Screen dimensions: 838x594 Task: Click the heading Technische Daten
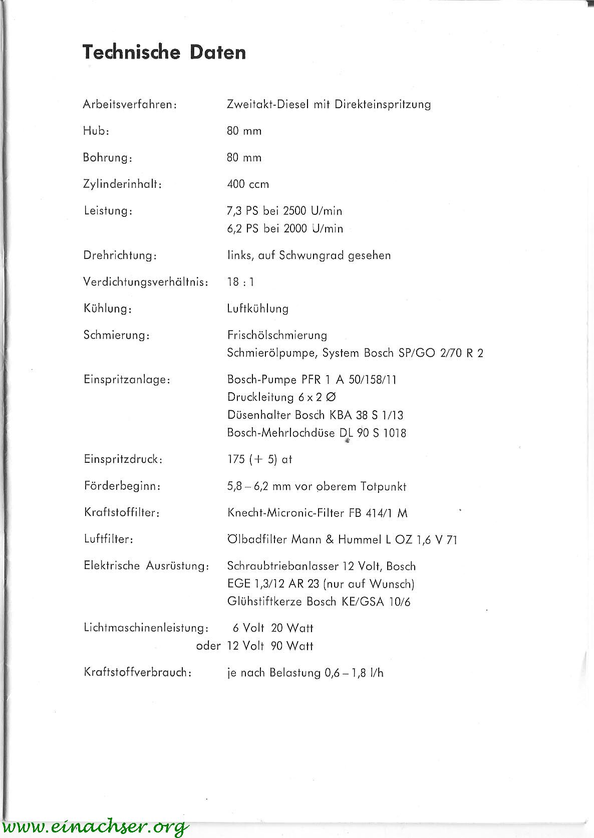click(x=164, y=52)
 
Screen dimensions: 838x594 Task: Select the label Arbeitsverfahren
click(x=130, y=105)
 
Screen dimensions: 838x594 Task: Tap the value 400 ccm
click(x=248, y=184)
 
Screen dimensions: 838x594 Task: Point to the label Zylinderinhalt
click(x=123, y=184)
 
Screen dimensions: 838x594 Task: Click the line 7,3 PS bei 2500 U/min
click(x=284, y=211)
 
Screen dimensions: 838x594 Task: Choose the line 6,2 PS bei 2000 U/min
click(x=285, y=229)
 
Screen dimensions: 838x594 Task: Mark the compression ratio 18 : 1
click(x=240, y=282)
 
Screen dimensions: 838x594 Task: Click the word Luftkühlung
click(x=257, y=309)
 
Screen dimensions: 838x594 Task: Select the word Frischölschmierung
click(x=277, y=335)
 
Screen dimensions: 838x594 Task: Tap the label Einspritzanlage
click(x=127, y=380)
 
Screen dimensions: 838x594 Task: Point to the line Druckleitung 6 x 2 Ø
click(x=281, y=397)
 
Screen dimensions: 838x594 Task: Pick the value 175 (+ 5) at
click(x=259, y=459)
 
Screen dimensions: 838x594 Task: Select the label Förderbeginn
click(x=122, y=486)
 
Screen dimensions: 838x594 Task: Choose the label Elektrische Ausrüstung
click(x=146, y=566)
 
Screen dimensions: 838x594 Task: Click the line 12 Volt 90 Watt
click(x=270, y=646)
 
